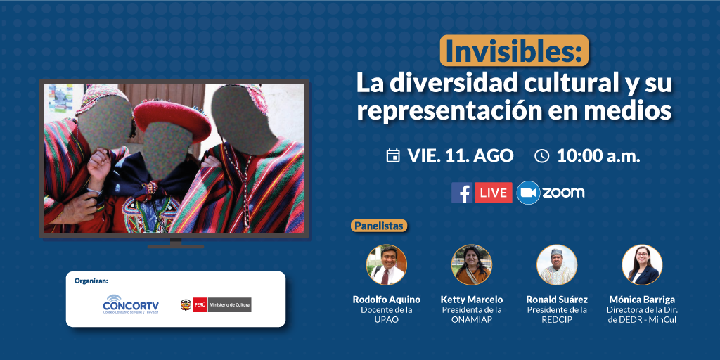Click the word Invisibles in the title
click(x=514, y=52)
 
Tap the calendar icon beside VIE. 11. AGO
click(x=392, y=156)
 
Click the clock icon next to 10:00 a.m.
click(x=542, y=156)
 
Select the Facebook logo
click(x=462, y=193)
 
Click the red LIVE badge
click(x=494, y=193)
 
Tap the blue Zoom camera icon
click(x=528, y=193)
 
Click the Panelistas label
click(x=379, y=226)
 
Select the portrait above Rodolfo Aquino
click(x=386, y=265)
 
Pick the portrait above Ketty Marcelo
click(x=472, y=265)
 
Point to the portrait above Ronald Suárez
click(x=557, y=265)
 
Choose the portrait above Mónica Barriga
click(x=643, y=265)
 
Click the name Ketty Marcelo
click(x=472, y=300)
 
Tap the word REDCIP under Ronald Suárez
click(x=557, y=320)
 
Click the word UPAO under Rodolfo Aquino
click(x=386, y=320)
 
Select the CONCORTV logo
click(x=131, y=304)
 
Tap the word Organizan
click(x=94, y=281)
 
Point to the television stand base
click(x=176, y=245)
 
